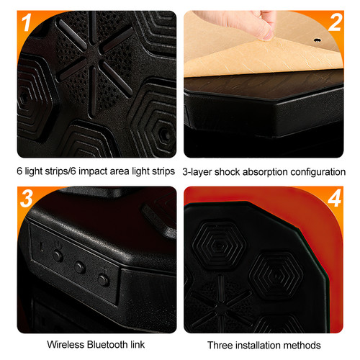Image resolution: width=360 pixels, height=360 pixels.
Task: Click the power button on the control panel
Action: click(x=58, y=256)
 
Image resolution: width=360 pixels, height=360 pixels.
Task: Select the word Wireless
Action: click(x=67, y=345)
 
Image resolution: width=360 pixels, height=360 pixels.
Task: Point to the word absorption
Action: click(x=274, y=173)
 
